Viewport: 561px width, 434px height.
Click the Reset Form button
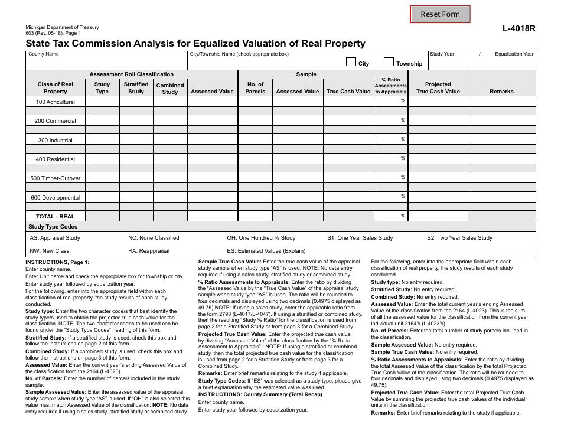440,14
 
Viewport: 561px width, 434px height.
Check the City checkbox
351,62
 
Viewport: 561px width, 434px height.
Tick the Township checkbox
389,62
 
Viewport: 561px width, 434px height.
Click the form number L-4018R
519,28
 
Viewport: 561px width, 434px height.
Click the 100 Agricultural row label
56,102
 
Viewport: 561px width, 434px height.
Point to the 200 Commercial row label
56,121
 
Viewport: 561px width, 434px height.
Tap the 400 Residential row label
56,159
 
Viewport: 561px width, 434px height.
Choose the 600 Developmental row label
56,198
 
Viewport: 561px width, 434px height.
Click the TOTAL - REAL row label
56,217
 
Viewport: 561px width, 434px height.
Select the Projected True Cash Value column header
438,87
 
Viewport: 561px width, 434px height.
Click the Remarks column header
501,92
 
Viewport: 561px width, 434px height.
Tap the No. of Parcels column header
255,87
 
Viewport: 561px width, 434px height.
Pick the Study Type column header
102,87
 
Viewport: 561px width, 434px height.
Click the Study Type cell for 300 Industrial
102,140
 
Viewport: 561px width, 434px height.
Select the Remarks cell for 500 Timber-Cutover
501,178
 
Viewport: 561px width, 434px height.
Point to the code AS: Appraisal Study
55,238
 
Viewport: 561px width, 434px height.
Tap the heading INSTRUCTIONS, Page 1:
57,262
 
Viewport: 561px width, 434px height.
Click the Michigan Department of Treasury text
62,28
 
